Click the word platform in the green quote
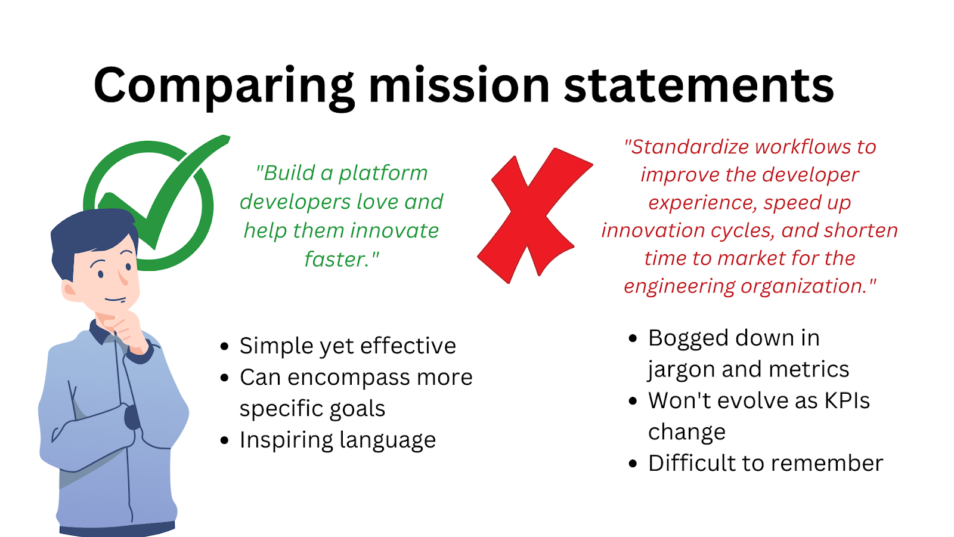coord(383,173)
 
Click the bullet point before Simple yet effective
coord(224,347)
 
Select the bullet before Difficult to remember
coord(633,464)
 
